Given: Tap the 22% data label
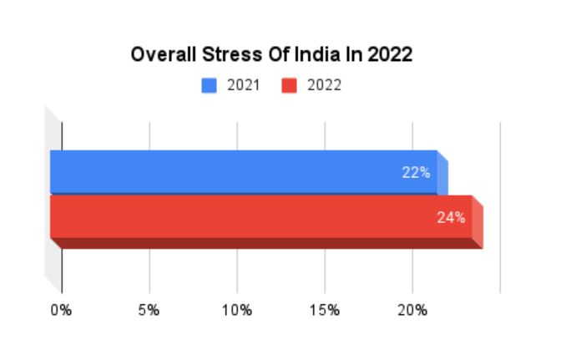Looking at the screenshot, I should [415, 173].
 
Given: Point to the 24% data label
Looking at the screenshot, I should [451, 218].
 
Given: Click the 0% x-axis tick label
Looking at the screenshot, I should [61, 311].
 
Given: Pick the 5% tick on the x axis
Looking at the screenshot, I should [149, 311].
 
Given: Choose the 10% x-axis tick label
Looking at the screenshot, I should [237, 311].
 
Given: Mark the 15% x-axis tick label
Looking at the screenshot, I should [325, 311].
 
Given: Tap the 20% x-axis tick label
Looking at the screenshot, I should [412, 311].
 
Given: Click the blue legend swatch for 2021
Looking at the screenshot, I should [209, 85].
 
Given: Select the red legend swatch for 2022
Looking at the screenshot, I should [290, 85].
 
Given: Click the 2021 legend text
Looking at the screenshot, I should [243, 85].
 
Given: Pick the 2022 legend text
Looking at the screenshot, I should [324, 85].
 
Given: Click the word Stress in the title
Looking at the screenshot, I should [227, 56].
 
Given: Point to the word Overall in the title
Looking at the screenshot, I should [161, 56].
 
